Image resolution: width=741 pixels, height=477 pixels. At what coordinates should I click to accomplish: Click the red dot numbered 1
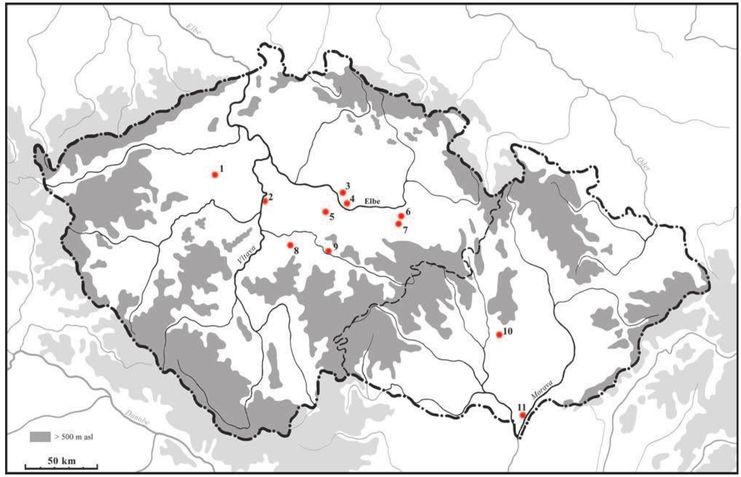[215, 175]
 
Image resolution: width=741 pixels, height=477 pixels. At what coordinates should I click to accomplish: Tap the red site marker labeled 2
[266, 201]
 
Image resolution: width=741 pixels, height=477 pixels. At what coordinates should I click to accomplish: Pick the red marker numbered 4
[347, 203]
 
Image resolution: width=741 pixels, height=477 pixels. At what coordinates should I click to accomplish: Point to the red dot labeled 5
[325, 212]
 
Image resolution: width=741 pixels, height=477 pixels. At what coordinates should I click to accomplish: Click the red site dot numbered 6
[401, 216]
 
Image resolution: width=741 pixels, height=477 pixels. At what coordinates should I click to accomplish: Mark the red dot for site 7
[399, 224]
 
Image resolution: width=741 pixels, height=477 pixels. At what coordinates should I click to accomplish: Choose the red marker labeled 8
[290, 245]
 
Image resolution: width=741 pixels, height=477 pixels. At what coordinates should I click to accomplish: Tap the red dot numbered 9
[328, 251]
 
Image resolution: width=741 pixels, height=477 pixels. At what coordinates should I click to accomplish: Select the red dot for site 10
[499, 334]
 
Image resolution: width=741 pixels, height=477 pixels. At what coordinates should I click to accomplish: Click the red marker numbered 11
[522, 415]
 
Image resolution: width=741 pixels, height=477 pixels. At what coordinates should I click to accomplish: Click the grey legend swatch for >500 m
[40, 437]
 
